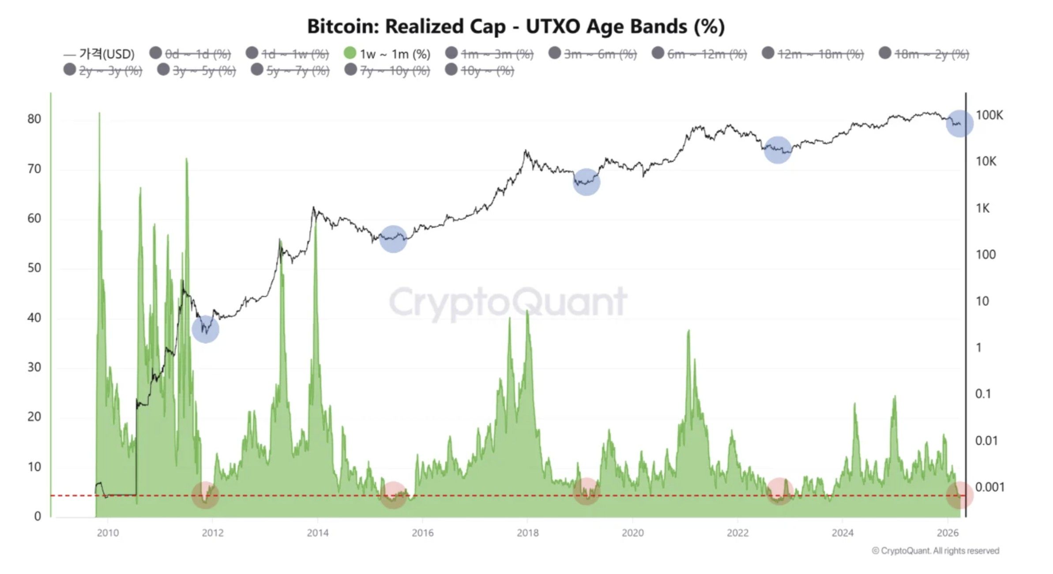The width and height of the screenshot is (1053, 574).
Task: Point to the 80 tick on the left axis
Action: pos(34,119)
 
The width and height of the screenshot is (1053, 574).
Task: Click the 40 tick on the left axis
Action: pos(34,317)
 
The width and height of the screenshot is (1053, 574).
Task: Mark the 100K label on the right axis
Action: pos(989,116)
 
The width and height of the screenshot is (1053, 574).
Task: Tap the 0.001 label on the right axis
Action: pos(989,487)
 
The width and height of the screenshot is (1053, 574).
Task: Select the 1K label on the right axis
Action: pos(983,208)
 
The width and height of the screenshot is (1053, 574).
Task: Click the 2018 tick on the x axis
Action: pos(528,533)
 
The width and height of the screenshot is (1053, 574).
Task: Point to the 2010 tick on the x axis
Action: pos(108,533)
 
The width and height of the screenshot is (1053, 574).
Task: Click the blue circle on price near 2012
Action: pos(206,329)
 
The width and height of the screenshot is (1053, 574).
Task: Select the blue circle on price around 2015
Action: pos(393,239)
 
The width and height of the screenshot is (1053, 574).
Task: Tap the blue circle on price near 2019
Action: pos(587,182)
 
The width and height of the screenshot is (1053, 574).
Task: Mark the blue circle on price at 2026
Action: pos(959,124)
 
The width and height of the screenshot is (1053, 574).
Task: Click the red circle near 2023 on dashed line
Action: pos(780,491)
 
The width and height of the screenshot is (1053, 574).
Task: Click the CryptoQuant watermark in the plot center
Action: pos(508,302)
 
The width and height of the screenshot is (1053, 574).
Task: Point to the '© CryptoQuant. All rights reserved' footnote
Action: pos(936,551)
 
